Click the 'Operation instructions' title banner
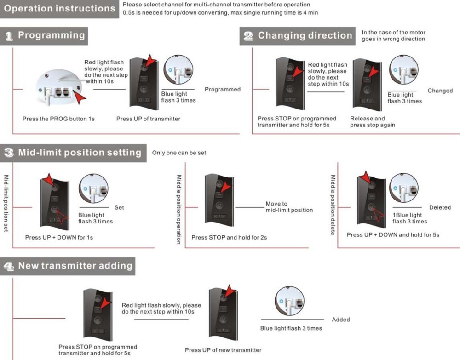(x=60, y=9)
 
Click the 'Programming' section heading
(x=51, y=35)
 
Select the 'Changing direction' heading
(x=305, y=36)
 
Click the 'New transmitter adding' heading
(x=75, y=266)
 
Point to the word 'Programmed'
(x=223, y=89)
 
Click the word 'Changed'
(x=440, y=91)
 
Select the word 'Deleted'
(x=440, y=207)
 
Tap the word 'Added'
(x=341, y=320)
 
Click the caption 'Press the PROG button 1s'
(x=58, y=119)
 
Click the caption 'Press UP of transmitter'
(x=148, y=119)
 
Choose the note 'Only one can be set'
(x=179, y=153)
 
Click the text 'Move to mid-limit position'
(x=289, y=207)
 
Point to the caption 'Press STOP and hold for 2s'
(x=229, y=237)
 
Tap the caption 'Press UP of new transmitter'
(x=223, y=350)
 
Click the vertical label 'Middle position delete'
(x=333, y=205)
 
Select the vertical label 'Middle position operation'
(x=179, y=209)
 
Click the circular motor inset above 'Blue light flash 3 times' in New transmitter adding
(x=289, y=301)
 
